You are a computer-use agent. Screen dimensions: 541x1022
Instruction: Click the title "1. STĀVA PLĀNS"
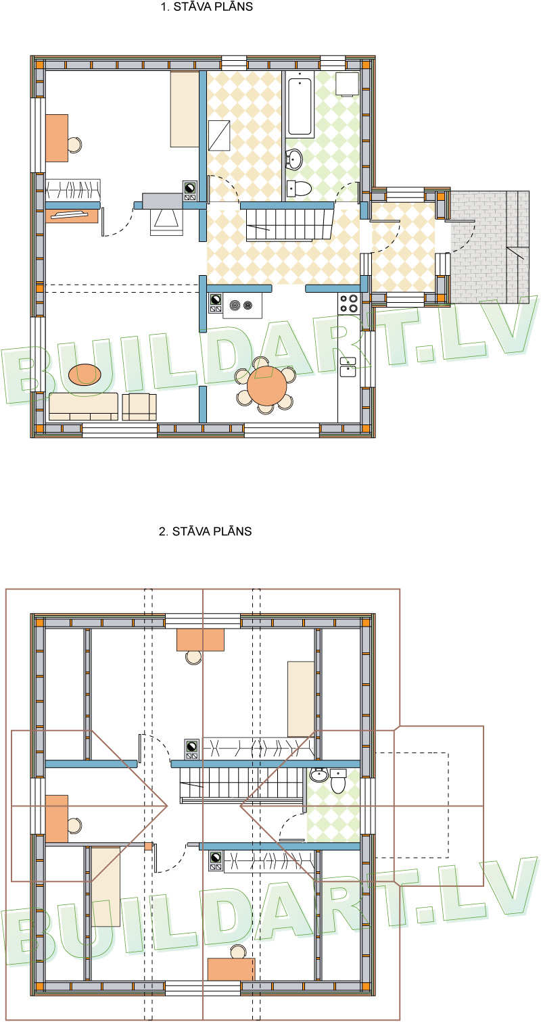206,7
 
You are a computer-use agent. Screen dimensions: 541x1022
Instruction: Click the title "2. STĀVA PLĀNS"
206,531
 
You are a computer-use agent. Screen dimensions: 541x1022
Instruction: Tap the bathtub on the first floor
300,106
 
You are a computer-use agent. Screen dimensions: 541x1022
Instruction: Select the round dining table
266,386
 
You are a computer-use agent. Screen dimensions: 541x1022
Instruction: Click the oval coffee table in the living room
85,374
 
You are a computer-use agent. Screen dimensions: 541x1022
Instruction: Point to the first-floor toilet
299,188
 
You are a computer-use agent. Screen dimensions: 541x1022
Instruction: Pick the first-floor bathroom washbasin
294,160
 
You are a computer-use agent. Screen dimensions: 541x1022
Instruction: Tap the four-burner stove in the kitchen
349,304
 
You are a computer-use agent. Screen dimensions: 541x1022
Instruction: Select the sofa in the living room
84,406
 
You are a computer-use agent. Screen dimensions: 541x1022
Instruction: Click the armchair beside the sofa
139,407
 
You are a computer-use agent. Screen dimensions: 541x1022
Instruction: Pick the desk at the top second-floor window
200,639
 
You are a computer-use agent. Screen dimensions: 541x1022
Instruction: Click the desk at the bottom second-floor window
231,969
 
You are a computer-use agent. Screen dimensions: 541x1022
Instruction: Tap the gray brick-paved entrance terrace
490,247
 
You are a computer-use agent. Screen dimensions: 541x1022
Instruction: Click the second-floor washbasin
319,775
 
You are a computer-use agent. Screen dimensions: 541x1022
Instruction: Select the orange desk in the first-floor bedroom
57,139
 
